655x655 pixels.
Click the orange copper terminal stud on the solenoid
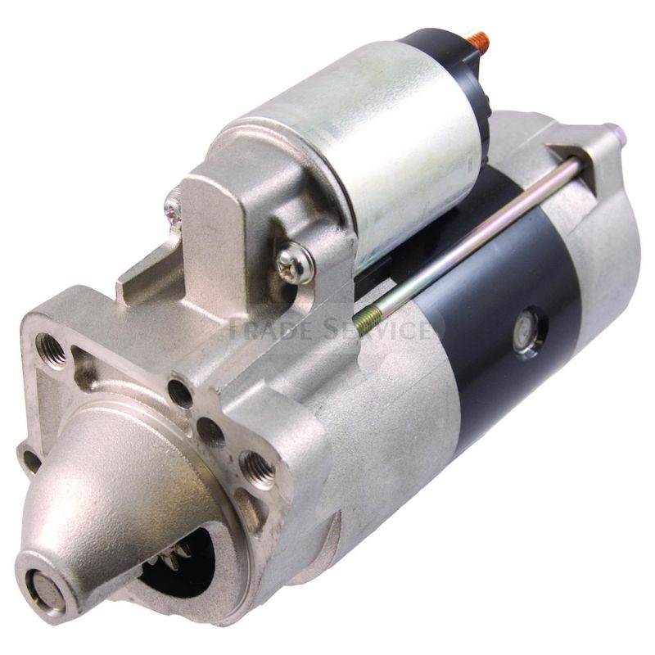pyautogui.click(x=476, y=38)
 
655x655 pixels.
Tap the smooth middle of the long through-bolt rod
pyautogui.click(x=475, y=233)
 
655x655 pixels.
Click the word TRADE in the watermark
pyautogui.click(x=261, y=329)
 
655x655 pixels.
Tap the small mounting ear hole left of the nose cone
pyautogui.click(x=29, y=459)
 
